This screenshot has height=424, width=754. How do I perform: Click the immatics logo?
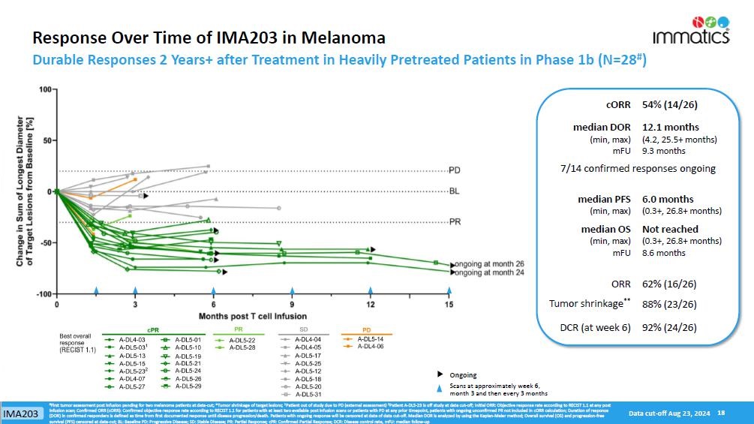point(700,27)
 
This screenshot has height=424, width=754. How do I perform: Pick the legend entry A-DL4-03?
point(131,340)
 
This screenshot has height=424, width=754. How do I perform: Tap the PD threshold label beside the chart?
point(455,170)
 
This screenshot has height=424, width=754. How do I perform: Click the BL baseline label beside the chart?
point(454,191)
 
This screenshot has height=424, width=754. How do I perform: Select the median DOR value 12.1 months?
point(670,127)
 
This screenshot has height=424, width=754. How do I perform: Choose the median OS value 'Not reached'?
point(670,229)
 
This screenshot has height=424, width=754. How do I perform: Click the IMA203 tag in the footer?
point(20,414)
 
